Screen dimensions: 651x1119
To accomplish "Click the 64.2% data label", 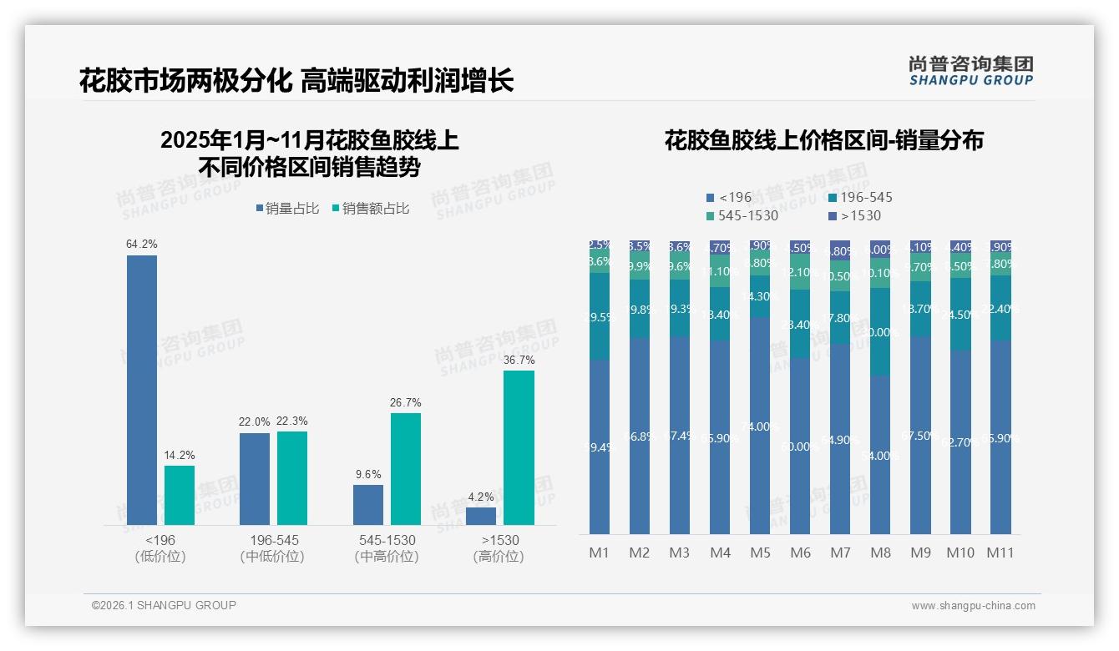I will pyautogui.click(x=142, y=245).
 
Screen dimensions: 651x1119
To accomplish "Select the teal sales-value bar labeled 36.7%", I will pyautogui.click(x=519, y=447).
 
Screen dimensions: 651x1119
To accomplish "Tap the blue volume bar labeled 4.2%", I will pyautogui.click(x=481, y=516).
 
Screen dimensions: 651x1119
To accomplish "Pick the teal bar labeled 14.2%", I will pyautogui.click(x=179, y=495).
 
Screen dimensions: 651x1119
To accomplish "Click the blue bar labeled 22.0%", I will pyautogui.click(x=255, y=478).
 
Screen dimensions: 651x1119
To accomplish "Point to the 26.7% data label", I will pyautogui.click(x=405, y=403).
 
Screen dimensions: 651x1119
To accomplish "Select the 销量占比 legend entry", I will pyautogui.click(x=286, y=209).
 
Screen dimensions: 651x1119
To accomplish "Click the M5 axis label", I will pyautogui.click(x=760, y=553).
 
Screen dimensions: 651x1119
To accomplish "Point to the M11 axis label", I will pyautogui.click(x=1000, y=553).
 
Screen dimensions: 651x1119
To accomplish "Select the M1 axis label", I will pyautogui.click(x=600, y=553).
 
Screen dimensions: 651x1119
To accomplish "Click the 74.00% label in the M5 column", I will pyautogui.click(x=760, y=426).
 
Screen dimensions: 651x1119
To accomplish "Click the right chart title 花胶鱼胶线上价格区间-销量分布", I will pyautogui.click(x=823, y=140).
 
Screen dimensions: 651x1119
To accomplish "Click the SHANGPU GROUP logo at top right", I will pyautogui.click(x=970, y=71).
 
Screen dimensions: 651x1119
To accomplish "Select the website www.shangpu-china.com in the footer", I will pyautogui.click(x=973, y=606).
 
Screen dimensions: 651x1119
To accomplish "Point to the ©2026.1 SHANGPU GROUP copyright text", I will pyautogui.click(x=164, y=605).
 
